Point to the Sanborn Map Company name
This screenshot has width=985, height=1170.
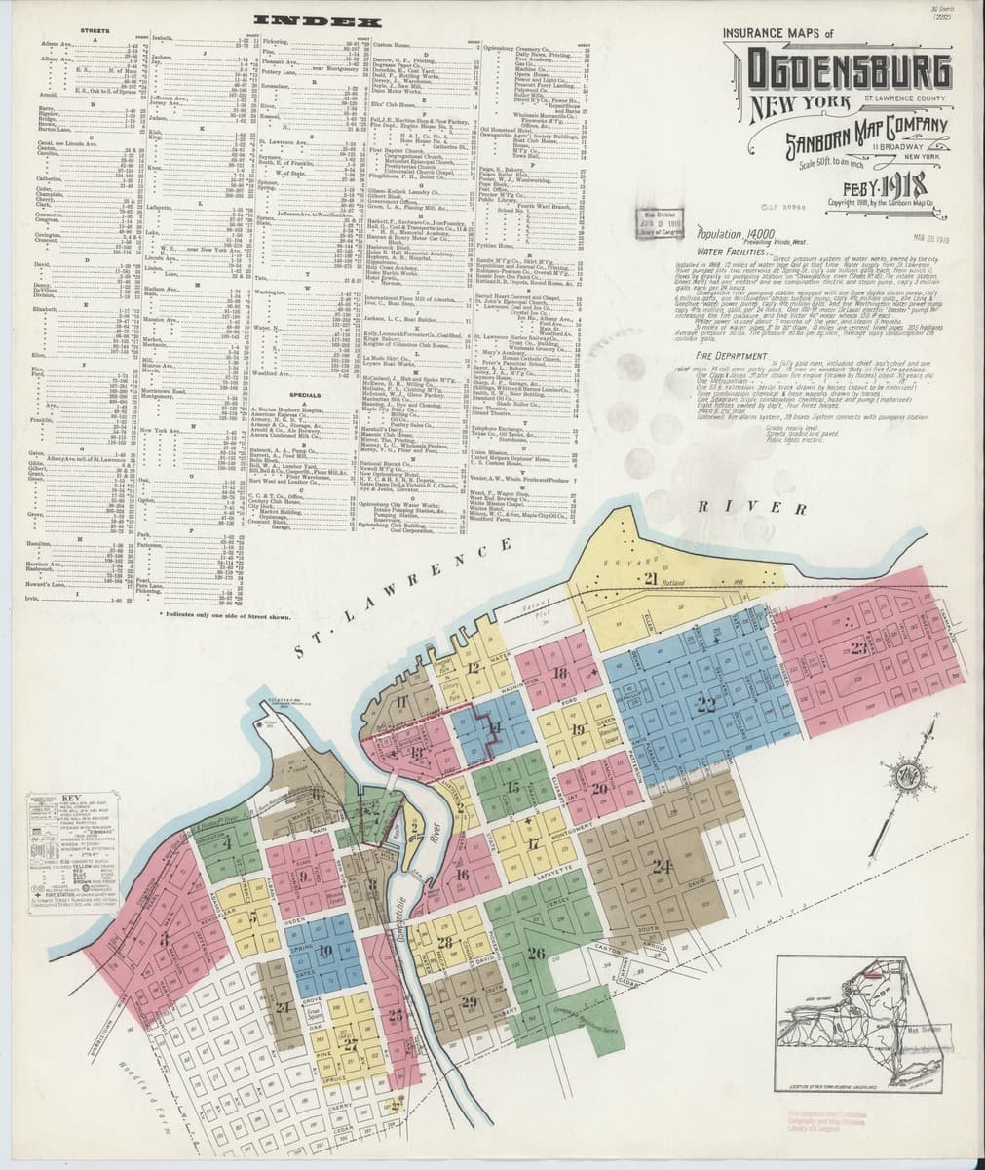tap(853, 129)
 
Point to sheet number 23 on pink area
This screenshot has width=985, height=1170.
tap(858, 648)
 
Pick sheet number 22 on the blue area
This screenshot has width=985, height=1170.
tap(705, 703)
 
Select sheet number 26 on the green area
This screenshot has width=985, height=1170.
tap(535, 953)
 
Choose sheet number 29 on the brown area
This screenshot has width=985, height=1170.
tap(469, 1002)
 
